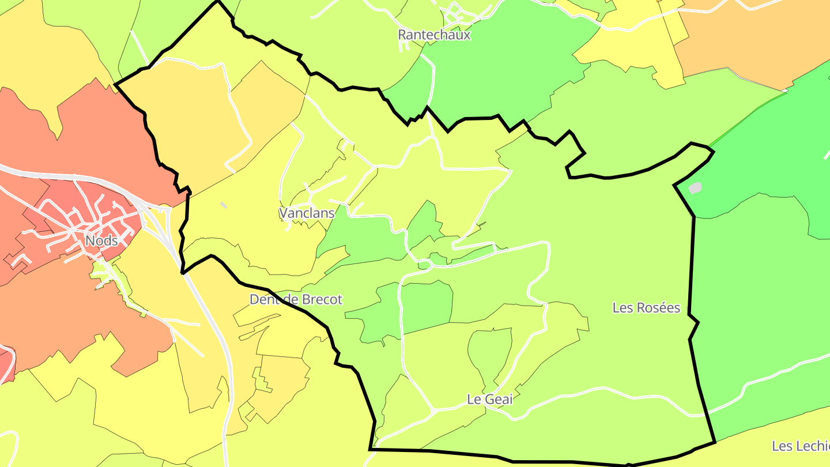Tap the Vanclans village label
pos(307,213)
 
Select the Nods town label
pos(101,240)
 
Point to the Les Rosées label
pos(646,308)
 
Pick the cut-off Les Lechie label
pos(800,446)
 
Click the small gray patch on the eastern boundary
pos(695,188)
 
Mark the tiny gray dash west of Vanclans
pos(224,205)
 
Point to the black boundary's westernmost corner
pos(116,85)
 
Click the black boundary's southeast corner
pos(715,442)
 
